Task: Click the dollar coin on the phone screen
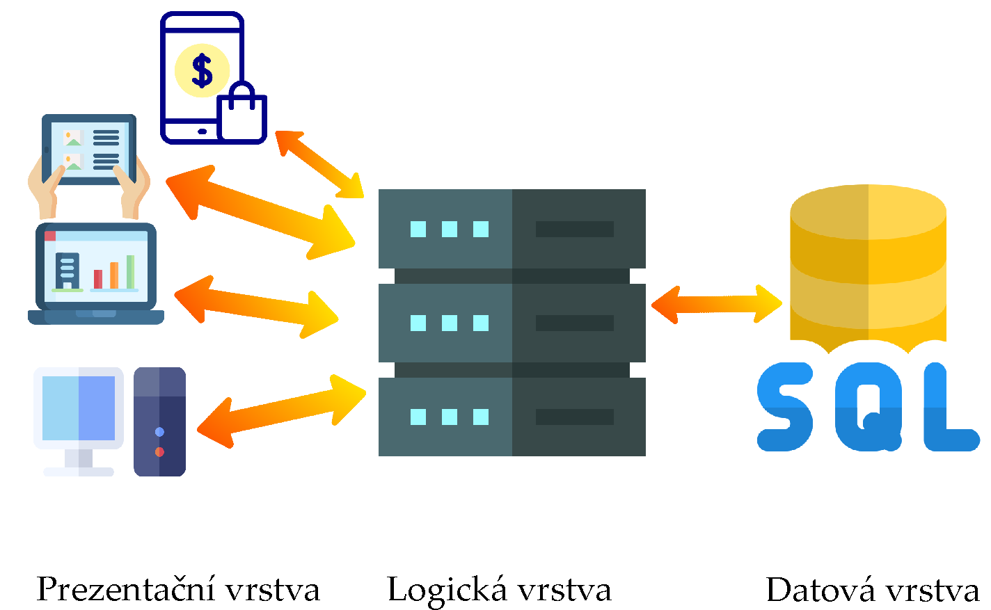pos(202,70)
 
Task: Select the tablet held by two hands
pos(89,150)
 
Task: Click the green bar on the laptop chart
pos(130,271)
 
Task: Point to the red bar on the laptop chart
pos(98,278)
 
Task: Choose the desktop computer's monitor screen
pos(79,408)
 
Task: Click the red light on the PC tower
pos(159,452)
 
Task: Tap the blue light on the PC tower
pos(159,432)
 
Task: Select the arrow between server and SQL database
pos(716,304)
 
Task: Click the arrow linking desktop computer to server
pos(282,410)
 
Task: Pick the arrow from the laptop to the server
pos(256,307)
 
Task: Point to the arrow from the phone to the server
pos(319,164)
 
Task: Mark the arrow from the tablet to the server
pos(261,212)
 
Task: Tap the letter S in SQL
pos(785,407)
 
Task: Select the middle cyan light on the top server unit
pos(450,229)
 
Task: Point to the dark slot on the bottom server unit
pos(574,417)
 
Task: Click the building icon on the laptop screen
pos(67,271)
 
